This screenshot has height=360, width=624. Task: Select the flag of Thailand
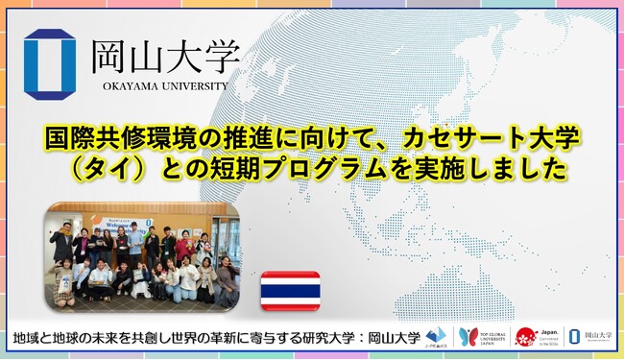(x=291, y=284)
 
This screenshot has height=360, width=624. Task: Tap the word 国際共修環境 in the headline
(x=103, y=138)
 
